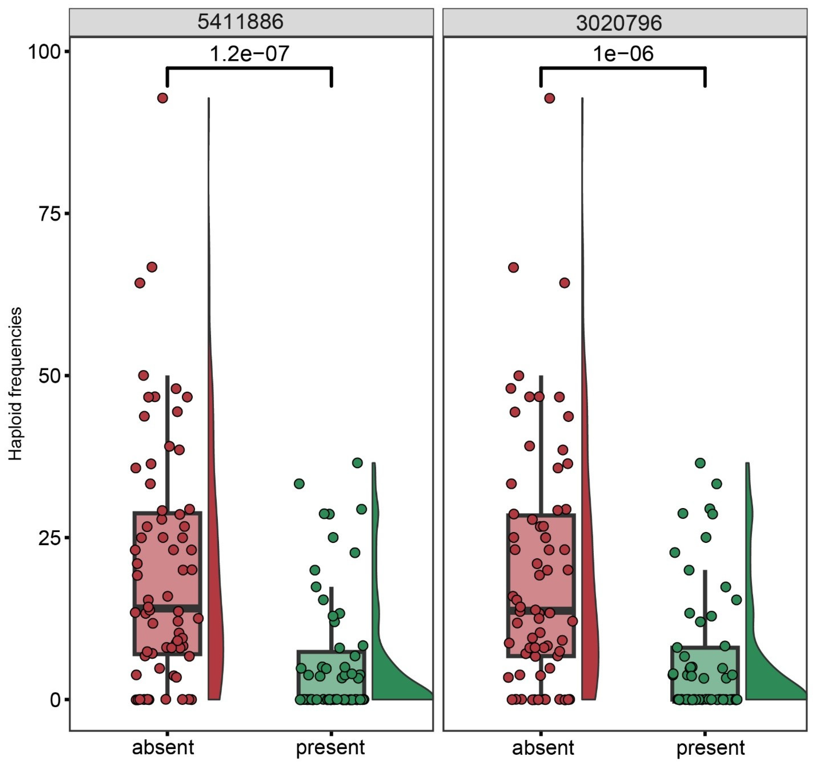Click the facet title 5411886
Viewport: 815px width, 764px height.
pos(240,22)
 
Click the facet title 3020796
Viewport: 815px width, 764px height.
pos(619,23)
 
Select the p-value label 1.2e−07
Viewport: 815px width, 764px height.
pos(249,54)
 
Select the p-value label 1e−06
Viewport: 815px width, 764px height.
pos(623,54)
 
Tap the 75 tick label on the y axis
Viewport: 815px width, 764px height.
pos(48,214)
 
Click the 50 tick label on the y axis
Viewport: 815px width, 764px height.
pos(48,376)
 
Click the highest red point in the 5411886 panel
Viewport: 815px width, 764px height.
pos(163,98)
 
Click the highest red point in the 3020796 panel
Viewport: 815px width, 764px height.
pos(549,98)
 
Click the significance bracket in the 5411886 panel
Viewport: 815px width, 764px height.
pos(249,68)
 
